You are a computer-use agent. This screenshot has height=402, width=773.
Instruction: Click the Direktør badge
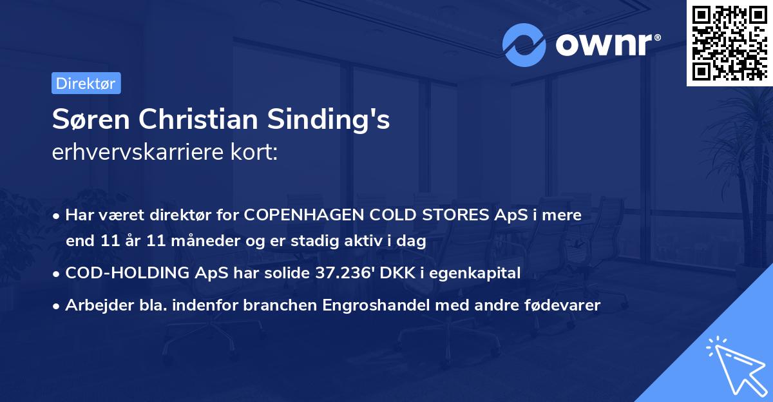tap(86, 83)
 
